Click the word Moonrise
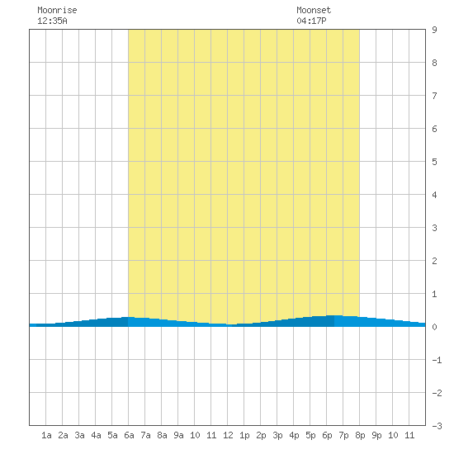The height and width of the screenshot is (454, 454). (57, 10)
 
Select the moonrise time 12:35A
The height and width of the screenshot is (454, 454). (52, 21)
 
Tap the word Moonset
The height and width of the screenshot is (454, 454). (314, 10)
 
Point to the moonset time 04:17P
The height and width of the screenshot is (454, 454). (311, 21)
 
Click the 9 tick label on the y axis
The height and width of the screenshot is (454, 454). (434, 30)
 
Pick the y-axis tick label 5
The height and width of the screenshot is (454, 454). (434, 162)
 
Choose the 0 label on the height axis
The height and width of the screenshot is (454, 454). (434, 327)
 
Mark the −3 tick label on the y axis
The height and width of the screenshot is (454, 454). (437, 426)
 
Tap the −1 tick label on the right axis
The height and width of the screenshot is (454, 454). (437, 360)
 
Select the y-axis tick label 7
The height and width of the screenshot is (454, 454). (434, 96)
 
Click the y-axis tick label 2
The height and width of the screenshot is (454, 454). (434, 261)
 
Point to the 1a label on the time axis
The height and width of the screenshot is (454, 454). (46, 435)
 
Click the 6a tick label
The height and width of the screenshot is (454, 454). (129, 435)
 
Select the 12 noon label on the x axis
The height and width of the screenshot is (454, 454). (228, 435)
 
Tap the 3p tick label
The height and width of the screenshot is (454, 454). (277, 435)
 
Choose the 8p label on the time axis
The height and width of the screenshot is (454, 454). (360, 435)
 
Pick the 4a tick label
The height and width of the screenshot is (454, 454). (96, 435)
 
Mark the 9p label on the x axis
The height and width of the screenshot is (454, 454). (376, 435)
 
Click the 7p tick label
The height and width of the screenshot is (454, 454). (343, 435)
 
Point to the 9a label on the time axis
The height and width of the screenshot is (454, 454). (178, 435)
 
